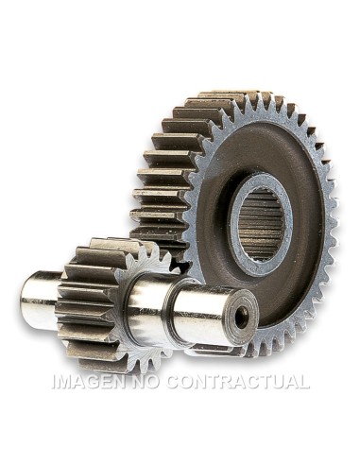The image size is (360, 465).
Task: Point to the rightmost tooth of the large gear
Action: [x=334, y=227]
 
